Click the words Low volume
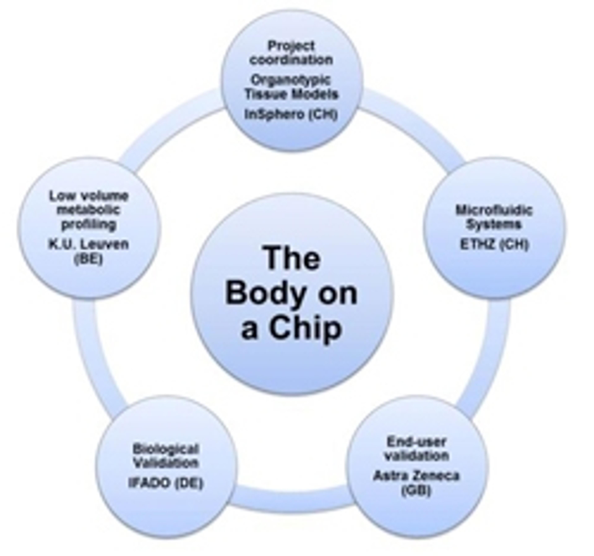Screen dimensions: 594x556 (x=89, y=196)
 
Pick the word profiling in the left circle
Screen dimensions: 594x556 (x=89, y=224)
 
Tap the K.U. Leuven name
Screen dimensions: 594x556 (x=89, y=244)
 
